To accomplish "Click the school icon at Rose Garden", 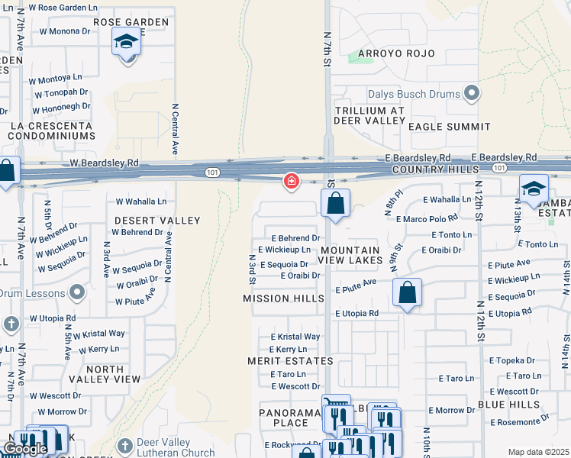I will coord(126,43).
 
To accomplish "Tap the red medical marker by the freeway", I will coord(291,181).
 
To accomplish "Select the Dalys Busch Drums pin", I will coord(472,94).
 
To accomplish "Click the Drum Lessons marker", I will coord(76,292).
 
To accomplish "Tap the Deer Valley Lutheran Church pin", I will coord(125,445).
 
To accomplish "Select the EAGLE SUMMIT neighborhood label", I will coord(449,126).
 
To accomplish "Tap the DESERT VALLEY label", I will coord(156,221).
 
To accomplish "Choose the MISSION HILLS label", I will coord(283,298).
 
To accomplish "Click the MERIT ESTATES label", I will coord(290,360).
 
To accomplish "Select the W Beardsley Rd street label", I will coord(104,163).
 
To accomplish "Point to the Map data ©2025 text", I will coord(538,452).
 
